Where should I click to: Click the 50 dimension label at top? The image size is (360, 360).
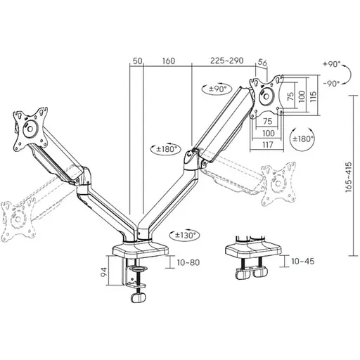point(138,61)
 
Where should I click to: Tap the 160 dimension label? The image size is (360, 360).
point(169,61)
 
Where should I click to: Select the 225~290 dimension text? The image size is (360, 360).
point(226,60)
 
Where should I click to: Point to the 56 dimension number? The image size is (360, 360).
point(262,63)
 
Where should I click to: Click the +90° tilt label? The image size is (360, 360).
point(332,64)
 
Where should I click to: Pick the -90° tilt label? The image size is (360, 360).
point(331,83)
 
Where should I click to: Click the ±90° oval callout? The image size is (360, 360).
point(217,89)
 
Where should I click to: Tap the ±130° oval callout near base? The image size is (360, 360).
point(184,235)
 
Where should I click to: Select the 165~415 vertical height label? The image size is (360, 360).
point(349,177)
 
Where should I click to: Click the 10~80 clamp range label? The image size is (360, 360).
point(188,262)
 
